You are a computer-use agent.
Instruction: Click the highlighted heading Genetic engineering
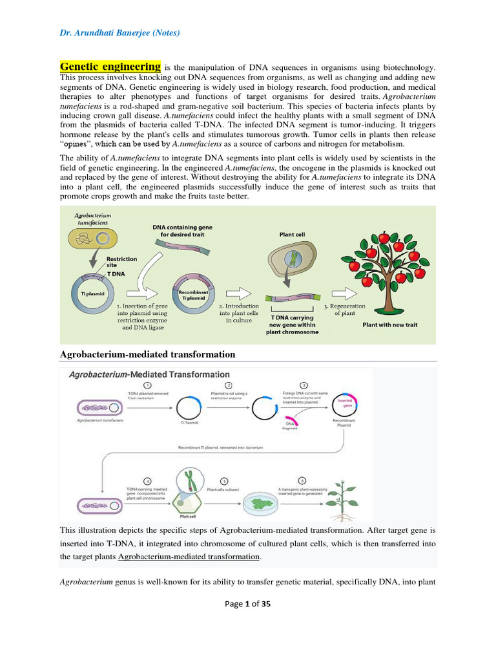click(x=110, y=67)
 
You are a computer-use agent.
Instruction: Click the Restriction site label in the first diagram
click(x=121, y=262)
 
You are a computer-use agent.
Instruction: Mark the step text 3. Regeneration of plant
click(x=344, y=310)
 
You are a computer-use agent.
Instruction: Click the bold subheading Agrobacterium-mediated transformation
click(x=147, y=354)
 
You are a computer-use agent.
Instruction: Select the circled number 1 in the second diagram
click(x=147, y=385)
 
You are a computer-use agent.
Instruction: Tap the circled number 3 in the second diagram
click(x=305, y=385)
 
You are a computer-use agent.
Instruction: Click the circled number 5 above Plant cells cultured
click(x=224, y=481)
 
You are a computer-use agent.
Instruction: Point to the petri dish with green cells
click(x=261, y=502)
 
